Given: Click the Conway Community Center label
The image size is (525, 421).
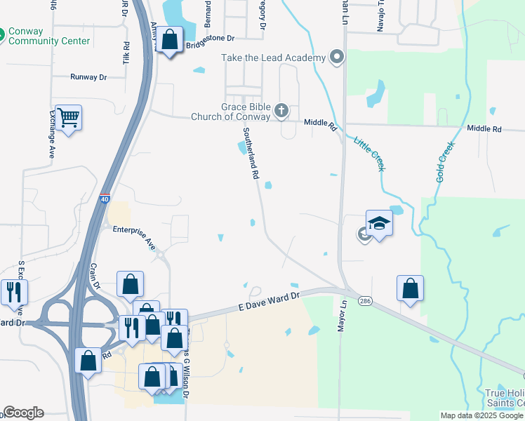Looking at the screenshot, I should [x=49, y=36].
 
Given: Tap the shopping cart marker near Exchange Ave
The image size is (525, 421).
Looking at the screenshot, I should [x=68, y=118].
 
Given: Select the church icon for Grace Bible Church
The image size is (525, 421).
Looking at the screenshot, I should [x=281, y=110].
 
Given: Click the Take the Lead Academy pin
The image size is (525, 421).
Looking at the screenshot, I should [x=337, y=58].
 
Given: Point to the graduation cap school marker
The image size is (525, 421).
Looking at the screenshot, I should [x=379, y=224].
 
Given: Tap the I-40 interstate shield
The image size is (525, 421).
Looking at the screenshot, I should [x=105, y=199].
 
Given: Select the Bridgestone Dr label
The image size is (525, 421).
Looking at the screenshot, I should [x=210, y=46].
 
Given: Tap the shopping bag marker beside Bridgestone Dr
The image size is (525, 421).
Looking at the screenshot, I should [x=169, y=39].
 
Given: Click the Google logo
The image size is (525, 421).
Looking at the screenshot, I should [x=23, y=413].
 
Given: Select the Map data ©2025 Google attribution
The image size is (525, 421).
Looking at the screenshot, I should [x=481, y=415].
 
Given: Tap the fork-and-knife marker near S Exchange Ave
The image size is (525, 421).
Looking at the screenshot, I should [x=14, y=293].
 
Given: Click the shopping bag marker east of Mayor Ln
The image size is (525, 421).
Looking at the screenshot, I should [x=410, y=288].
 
